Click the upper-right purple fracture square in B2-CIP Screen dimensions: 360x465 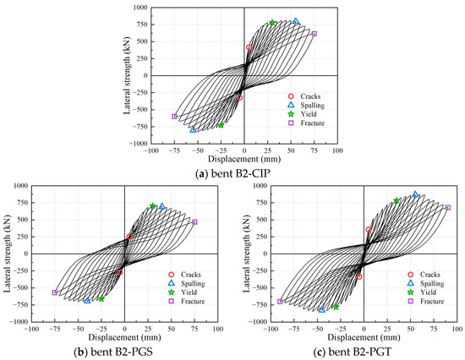pyautogui.click(x=314, y=34)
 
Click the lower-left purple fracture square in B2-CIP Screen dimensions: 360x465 pyautogui.click(x=175, y=117)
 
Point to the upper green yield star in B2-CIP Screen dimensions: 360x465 pyautogui.click(x=272, y=23)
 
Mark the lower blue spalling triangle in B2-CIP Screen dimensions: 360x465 pyautogui.click(x=193, y=129)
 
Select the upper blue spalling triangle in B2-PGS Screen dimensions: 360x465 pyautogui.click(x=162, y=206)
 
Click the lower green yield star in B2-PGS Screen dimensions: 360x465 pyautogui.click(x=101, y=299)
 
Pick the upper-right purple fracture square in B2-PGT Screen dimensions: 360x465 pyautogui.click(x=447, y=207)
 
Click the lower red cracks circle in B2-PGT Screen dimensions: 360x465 pyautogui.click(x=358, y=276)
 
